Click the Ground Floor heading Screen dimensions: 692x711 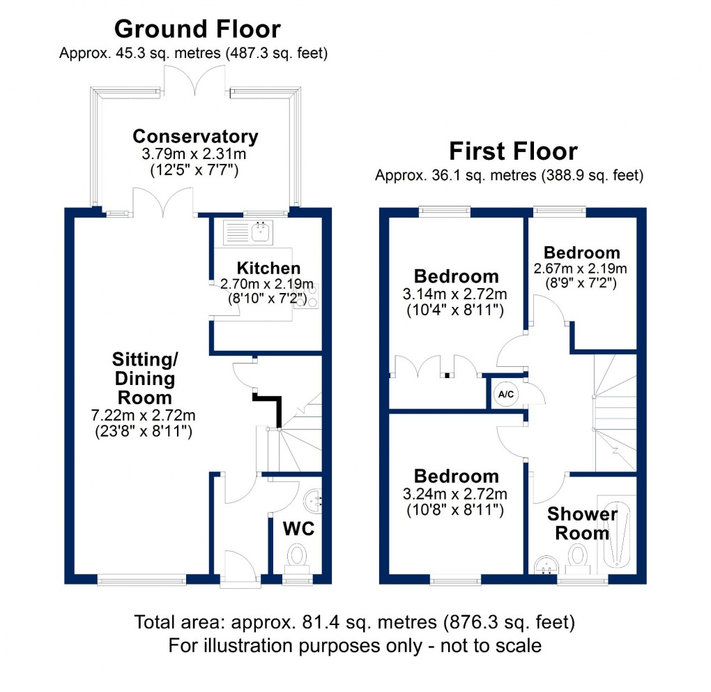click(197, 29)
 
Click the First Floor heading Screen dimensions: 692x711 click(513, 151)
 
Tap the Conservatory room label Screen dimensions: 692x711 click(195, 136)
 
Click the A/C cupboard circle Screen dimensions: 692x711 click(505, 394)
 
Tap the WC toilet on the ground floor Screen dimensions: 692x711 click(298, 557)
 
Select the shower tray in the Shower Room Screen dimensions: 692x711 click(618, 534)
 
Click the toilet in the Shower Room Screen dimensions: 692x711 click(578, 557)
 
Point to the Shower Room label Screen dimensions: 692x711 click(582, 524)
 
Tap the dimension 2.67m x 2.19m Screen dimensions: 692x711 click(581, 269)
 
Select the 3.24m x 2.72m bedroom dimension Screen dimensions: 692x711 click(457, 495)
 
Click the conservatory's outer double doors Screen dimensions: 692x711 click(196, 80)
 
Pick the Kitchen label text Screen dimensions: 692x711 click(268, 269)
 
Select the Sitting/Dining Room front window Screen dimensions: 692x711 click(142, 578)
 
